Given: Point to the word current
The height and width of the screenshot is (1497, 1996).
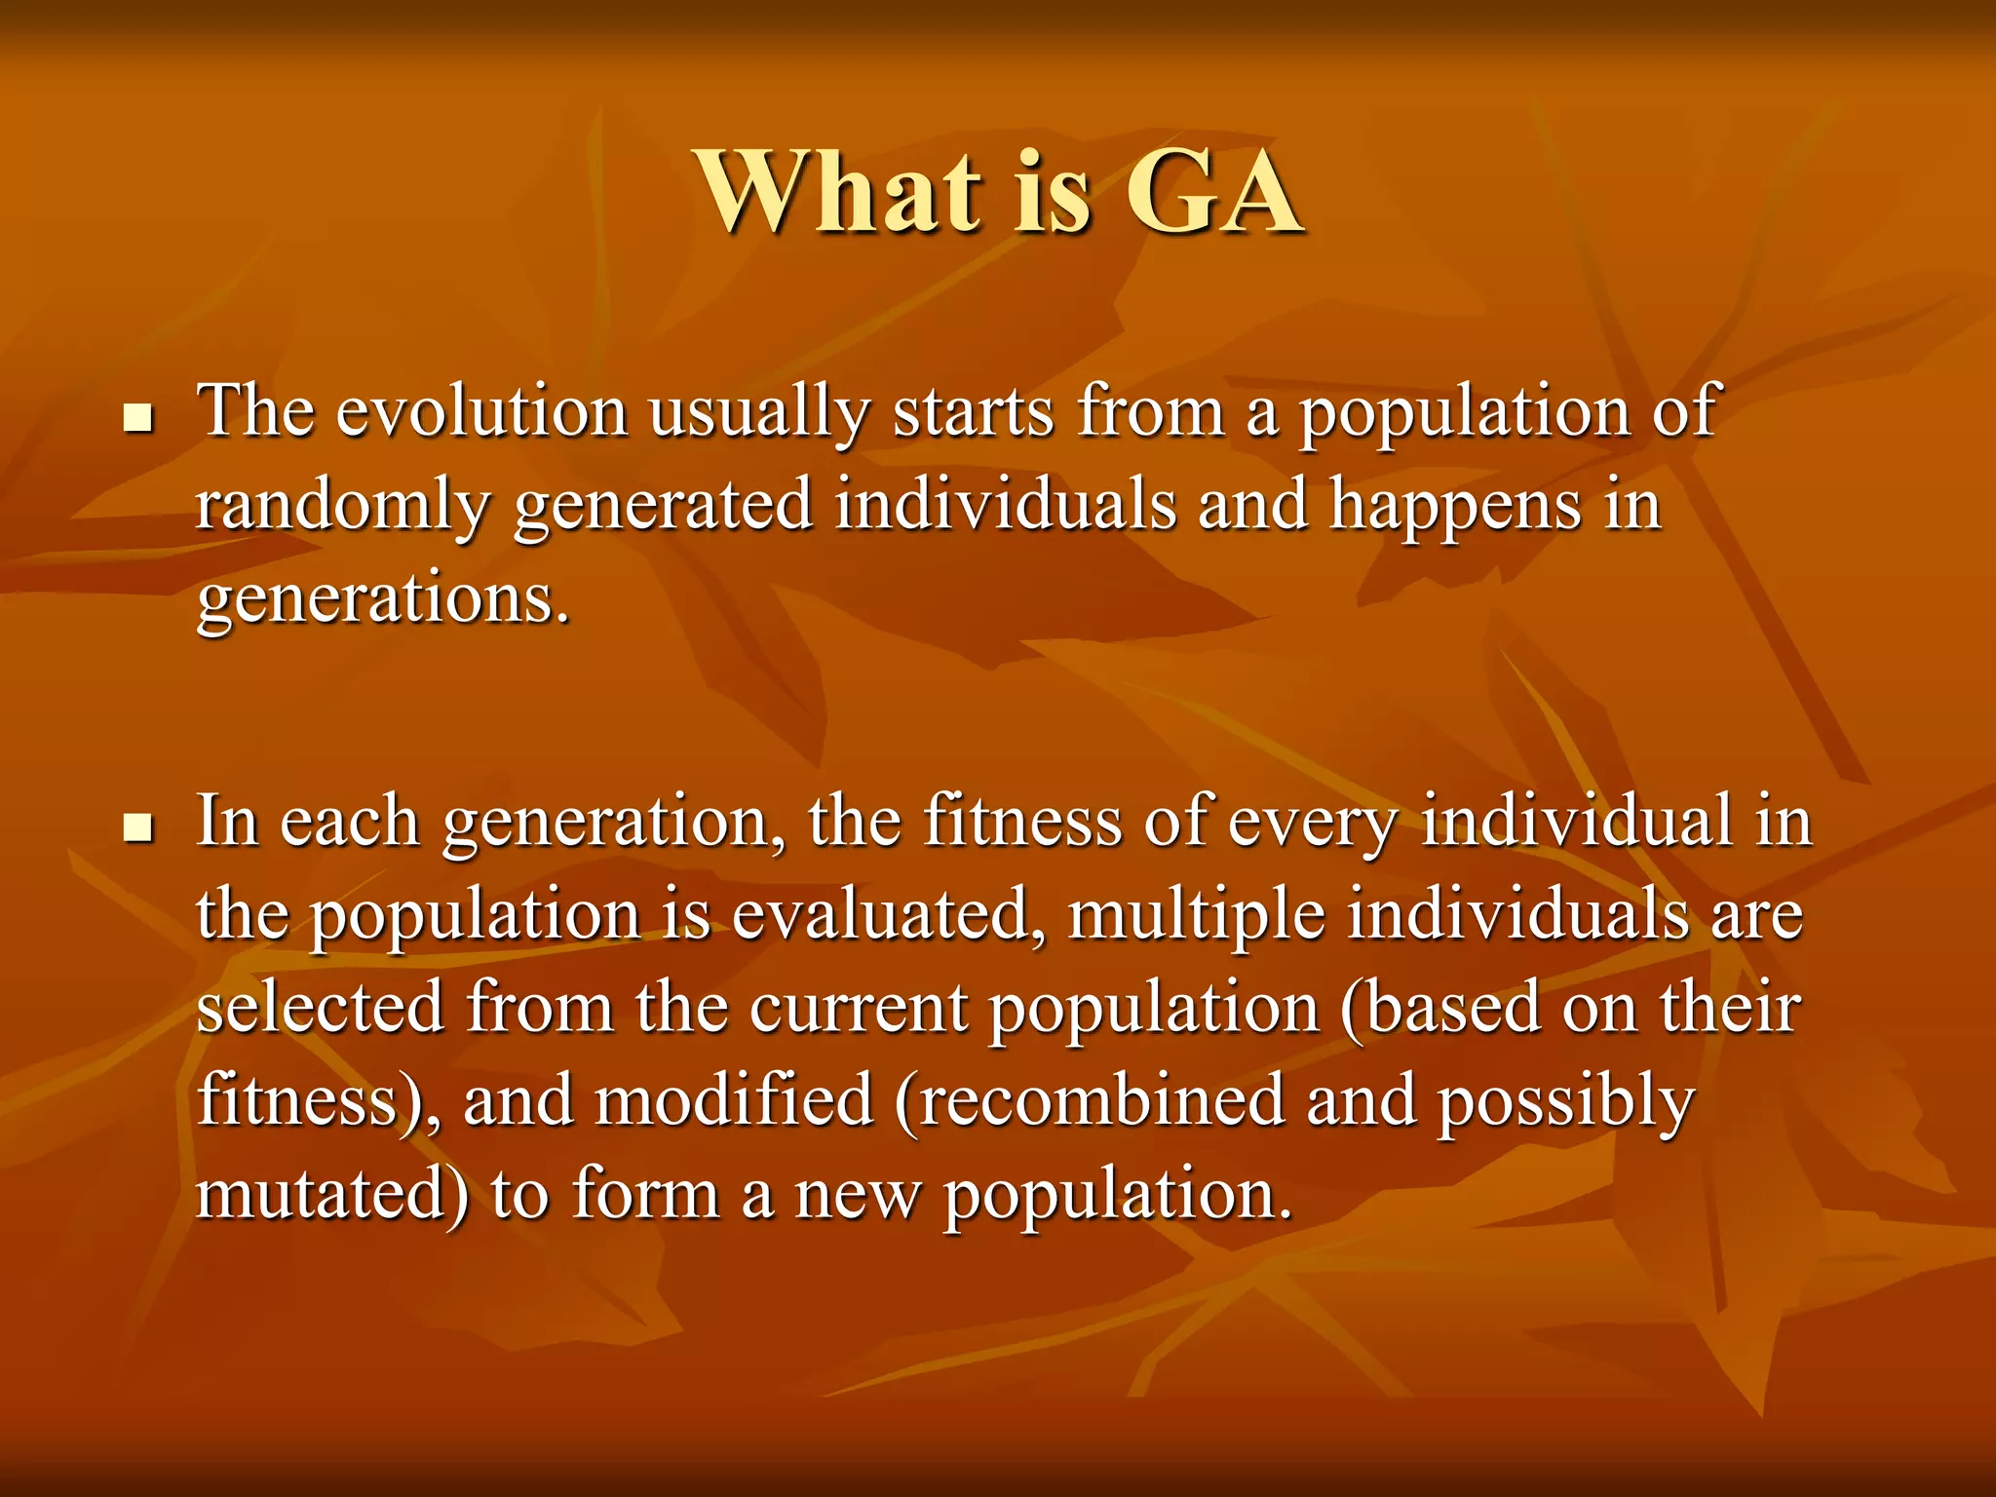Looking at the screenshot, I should (859, 1010).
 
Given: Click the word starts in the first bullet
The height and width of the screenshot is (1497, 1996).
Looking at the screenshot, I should (973, 413).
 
